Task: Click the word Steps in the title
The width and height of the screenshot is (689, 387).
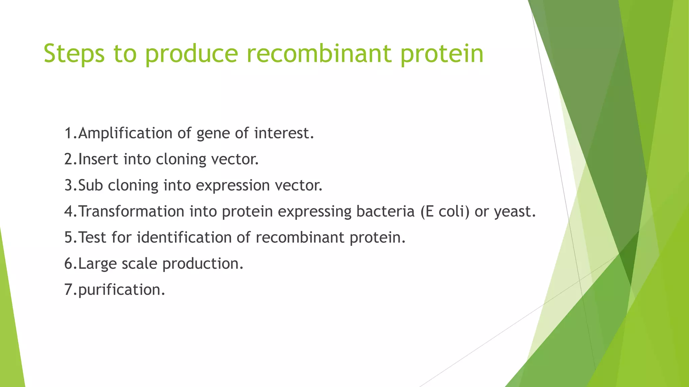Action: (74, 54)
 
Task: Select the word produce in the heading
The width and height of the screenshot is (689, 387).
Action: (191, 54)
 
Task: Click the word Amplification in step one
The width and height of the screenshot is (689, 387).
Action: (125, 133)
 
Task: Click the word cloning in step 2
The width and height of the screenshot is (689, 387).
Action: (181, 159)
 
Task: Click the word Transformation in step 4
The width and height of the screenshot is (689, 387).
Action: (131, 212)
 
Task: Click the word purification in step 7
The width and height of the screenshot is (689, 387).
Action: (119, 290)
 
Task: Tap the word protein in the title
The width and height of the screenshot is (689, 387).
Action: (442, 54)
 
